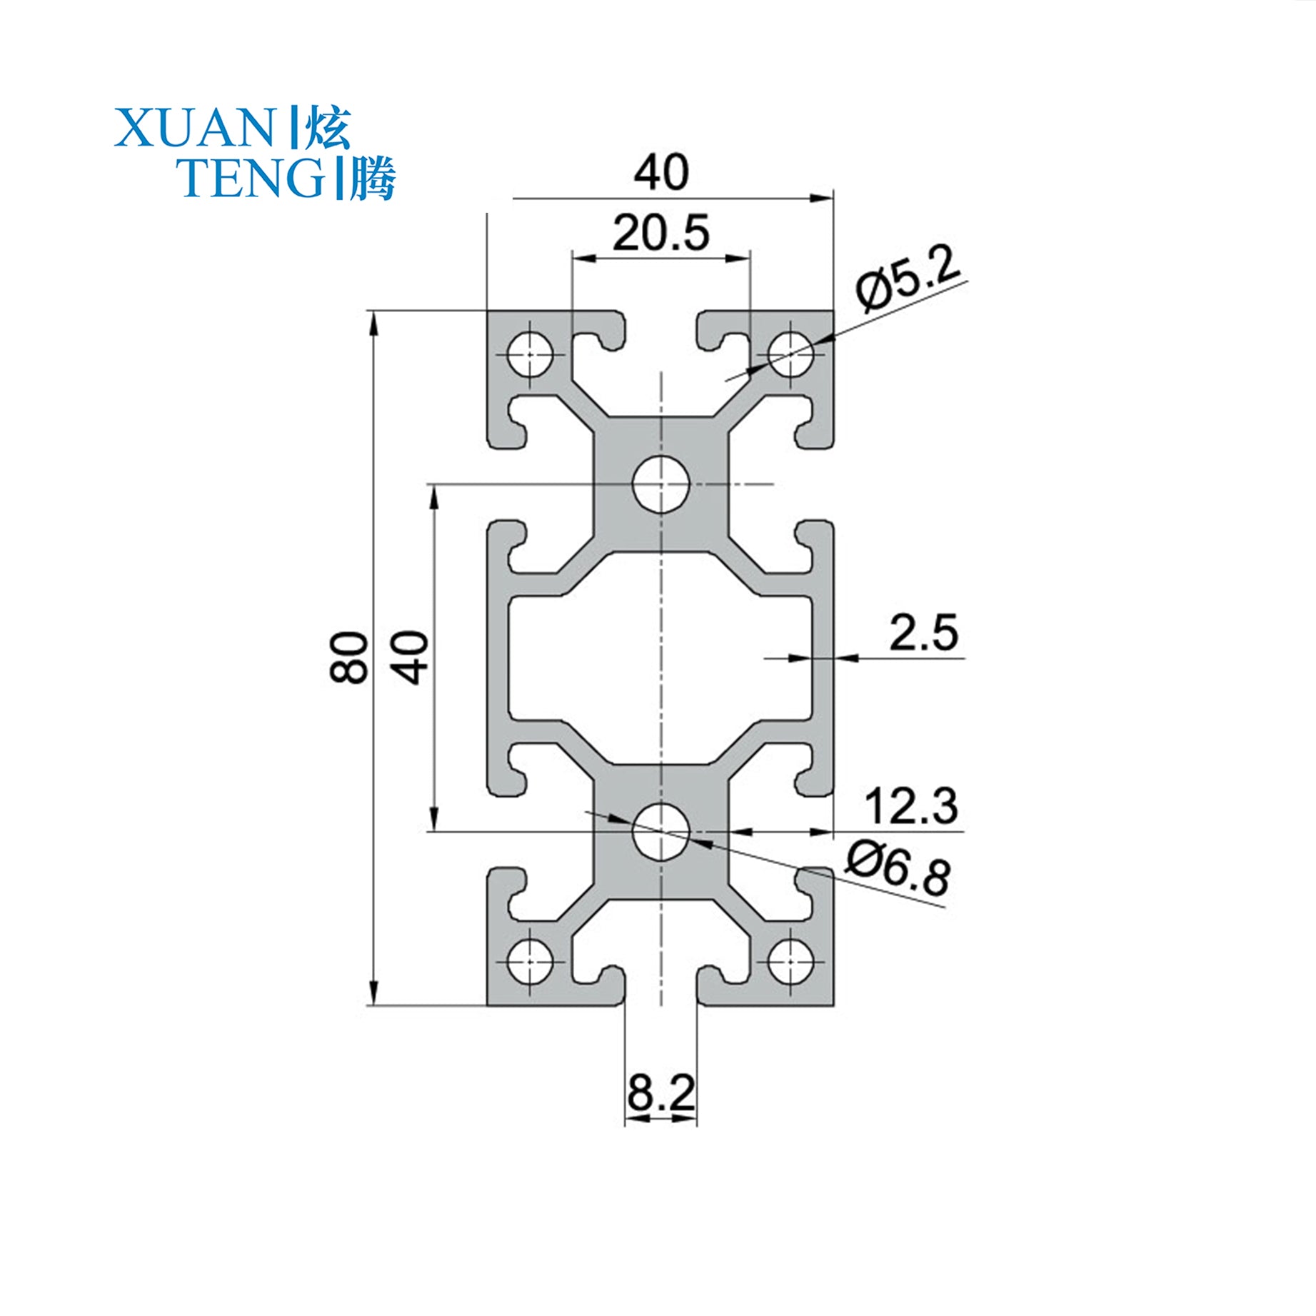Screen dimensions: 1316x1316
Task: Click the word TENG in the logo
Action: (x=250, y=179)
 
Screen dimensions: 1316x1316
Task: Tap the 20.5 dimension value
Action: (x=660, y=233)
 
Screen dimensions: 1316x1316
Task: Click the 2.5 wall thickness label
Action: (x=923, y=633)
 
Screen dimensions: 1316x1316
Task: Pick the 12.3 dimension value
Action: (x=910, y=806)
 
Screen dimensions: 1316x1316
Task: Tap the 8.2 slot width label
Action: (x=660, y=1092)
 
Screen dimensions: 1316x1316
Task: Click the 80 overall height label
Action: (x=349, y=657)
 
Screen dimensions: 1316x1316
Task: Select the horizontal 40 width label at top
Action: (x=661, y=172)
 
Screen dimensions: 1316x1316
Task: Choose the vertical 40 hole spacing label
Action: (x=412, y=657)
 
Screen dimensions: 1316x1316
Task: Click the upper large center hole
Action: (x=661, y=484)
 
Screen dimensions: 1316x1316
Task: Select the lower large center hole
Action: (x=661, y=830)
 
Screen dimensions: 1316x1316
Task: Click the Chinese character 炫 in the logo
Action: (x=328, y=129)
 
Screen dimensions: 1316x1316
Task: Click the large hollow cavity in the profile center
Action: (x=661, y=657)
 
